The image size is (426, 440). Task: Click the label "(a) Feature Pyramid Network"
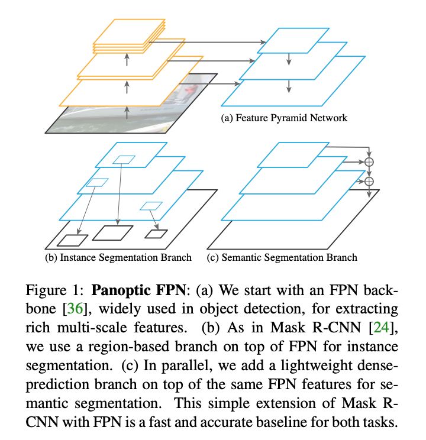click(283, 118)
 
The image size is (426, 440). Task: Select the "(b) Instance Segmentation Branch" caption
click(118, 257)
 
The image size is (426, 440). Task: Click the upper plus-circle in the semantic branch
click(369, 161)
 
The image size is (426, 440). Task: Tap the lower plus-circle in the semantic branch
click(369, 182)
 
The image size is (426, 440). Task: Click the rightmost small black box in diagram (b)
click(157, 233)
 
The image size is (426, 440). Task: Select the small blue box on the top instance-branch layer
click(124, 158)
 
